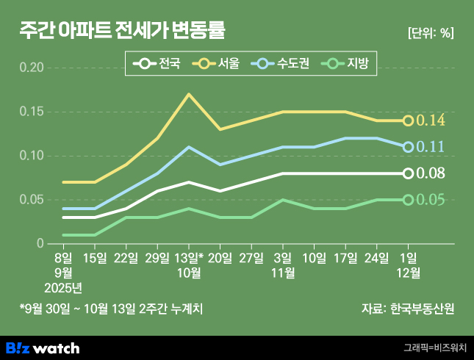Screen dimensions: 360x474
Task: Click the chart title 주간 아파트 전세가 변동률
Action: tap(122, 32)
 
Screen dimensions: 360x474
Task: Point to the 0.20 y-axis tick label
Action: tap(31, 68)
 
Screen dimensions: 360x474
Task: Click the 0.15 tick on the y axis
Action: tap(31, 112)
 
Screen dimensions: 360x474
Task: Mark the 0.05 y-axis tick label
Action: tap(31, 200)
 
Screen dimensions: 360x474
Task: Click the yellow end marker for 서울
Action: tap(408, 120)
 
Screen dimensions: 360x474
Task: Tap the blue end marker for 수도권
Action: tap(408, 147)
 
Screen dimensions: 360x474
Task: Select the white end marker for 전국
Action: tap(408, 173)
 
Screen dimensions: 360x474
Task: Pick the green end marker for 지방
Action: tap(408, 200)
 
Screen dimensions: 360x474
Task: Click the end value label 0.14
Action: tap(431, 120)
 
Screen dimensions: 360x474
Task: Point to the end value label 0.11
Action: tap(431, 147)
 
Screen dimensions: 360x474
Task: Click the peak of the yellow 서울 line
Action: tap(189, 94)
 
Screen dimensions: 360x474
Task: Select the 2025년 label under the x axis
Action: tap(64, 287)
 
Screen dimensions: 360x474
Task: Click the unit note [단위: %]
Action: tap(430, 33)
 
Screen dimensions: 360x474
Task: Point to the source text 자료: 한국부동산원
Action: tap(408, 309)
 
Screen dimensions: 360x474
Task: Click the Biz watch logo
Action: tap(43, 348)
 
